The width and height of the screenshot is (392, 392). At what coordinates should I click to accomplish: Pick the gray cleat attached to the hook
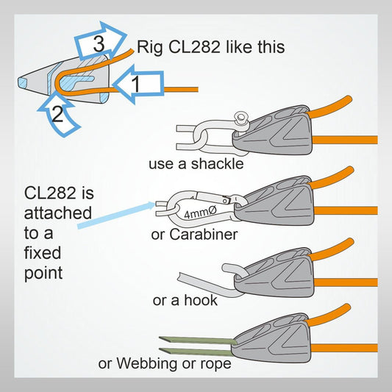(277, 275)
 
